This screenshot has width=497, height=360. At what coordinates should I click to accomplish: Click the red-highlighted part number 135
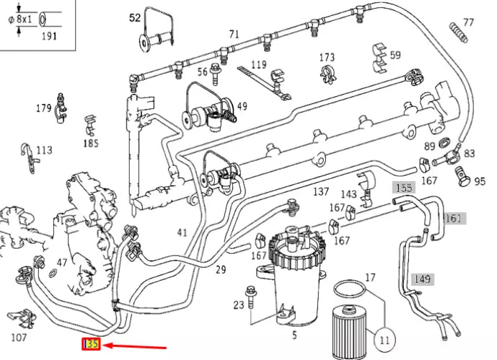coord(92,345)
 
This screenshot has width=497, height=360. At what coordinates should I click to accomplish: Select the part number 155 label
coord(404,187)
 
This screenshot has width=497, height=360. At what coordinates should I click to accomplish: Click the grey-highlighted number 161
coord(454,219)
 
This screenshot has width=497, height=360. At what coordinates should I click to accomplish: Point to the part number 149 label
coord(422,278)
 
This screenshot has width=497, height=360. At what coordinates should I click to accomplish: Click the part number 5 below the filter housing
coord(294,335)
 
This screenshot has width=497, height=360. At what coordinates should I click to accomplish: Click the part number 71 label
coord(234,35)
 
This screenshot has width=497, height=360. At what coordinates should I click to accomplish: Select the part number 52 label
coord(135,17)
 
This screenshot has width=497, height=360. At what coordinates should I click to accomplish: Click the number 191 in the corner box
coord(49,35)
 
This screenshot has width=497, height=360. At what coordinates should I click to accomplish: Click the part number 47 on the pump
coord(62,263)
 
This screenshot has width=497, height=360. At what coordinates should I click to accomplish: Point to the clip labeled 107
coord(21,317)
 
